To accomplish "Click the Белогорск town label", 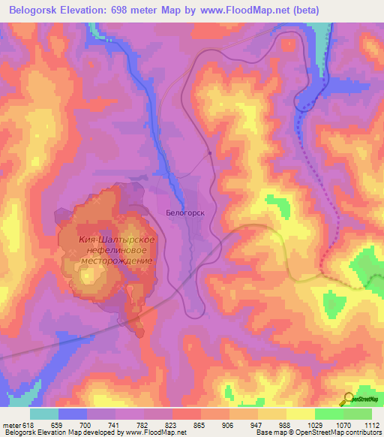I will [185, 213].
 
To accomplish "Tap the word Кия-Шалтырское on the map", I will [117, 240].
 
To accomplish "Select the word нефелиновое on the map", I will [117, 250].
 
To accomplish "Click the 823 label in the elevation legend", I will [172, 424].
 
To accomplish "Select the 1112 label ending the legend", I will [370, 424].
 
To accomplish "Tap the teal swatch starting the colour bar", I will [44, 414].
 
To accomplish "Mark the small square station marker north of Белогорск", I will [210, 154].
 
